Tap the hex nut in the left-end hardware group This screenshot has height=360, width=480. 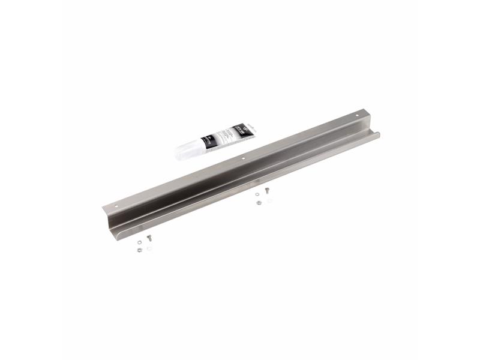point(139,250)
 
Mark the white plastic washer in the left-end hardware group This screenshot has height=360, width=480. point(149,248)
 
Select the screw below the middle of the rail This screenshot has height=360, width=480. point(266,190)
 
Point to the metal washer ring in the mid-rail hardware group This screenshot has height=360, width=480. point(257,196)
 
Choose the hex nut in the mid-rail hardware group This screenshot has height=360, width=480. point(258,203)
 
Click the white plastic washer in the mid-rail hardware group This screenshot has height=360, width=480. point(269,200)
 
